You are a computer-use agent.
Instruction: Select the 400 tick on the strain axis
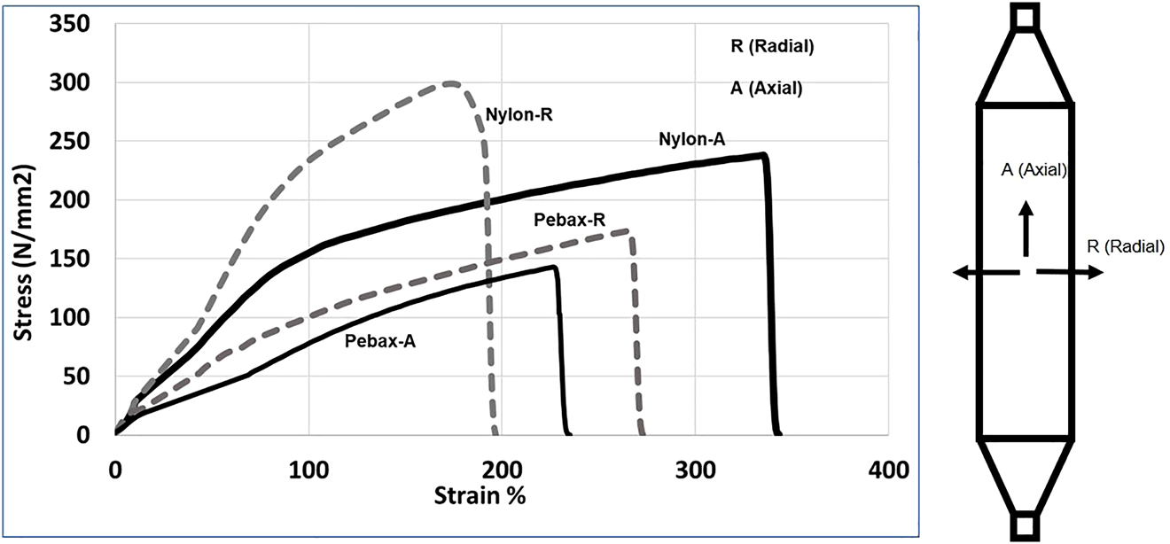pyautogui.click(x=888, y=470)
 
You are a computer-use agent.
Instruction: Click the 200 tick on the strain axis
pyautogui.click(x=502, y=470)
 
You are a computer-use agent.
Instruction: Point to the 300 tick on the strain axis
pyautogui.click(x=695, y=470)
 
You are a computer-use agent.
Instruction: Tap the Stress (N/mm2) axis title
pyautogui.click(x=25, y=229)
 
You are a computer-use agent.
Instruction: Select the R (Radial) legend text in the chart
pyautogui.click(x=771, y=47)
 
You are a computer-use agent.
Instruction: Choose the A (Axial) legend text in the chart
pyautogui.click(x=766, y=88)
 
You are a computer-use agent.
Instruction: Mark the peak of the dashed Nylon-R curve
pyautogui.click(x=451, y=84)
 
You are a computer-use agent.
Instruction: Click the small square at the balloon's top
pyautogui.click(x=1026, y=17)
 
